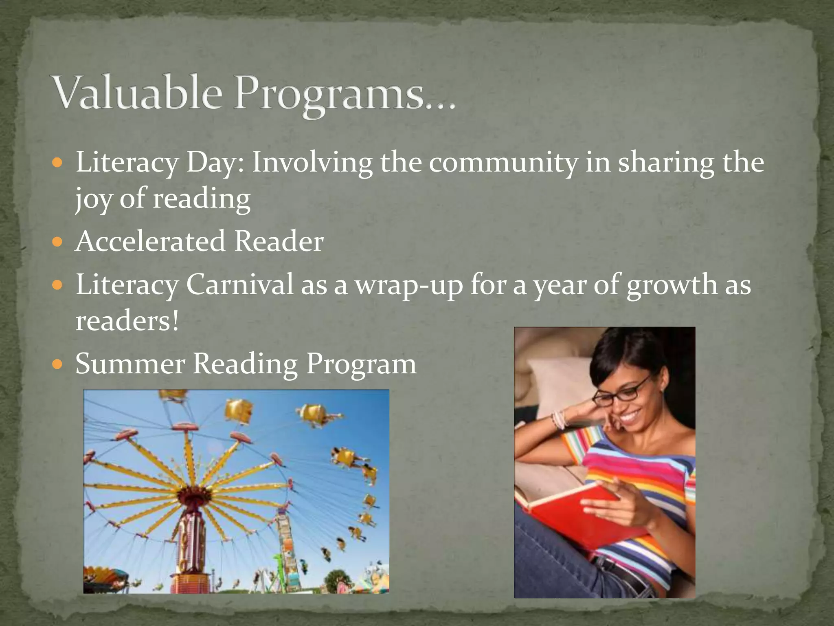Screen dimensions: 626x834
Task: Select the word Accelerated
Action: [x=150, y=241]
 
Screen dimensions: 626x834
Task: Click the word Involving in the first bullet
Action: [x=312, y=163]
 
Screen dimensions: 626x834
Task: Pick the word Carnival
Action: [x=239, y=284]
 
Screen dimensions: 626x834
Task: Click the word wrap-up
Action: [x=409, y=285]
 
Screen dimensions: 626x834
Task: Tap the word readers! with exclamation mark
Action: [x=127, y=321]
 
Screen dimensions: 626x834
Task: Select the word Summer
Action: [x=130, y=364]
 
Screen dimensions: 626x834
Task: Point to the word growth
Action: [x=671, y=285]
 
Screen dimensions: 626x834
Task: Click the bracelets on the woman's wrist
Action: [x=560, y=419]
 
